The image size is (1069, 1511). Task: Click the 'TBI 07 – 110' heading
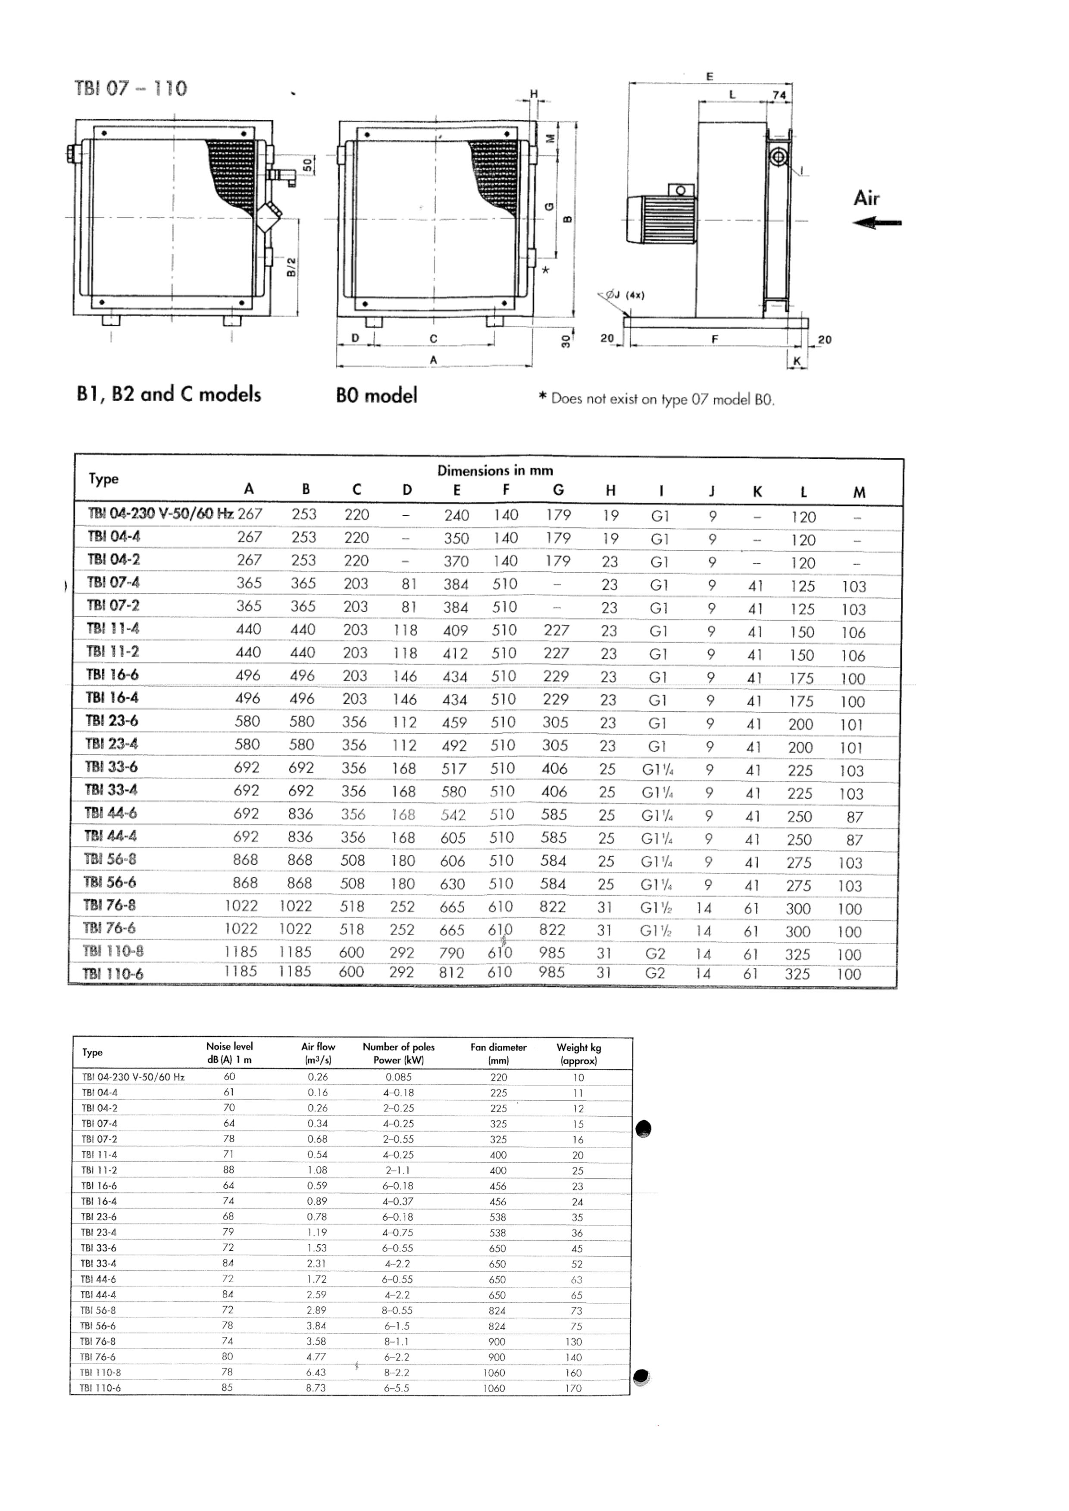(x=131, y=88)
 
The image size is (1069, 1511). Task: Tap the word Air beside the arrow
(x=866, y=198)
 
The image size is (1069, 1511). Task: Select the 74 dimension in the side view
(x=779, y=95)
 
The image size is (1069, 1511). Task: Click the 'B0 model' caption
(x=376, y=396)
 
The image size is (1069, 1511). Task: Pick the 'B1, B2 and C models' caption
(x=169, y=394)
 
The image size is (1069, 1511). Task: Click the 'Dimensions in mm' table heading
(x=495, y=470)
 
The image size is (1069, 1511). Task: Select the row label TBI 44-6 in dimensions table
(x=111, y=813)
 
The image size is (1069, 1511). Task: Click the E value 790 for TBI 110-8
(x=452, y=953)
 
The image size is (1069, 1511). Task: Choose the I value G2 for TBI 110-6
(x=655, y=973)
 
